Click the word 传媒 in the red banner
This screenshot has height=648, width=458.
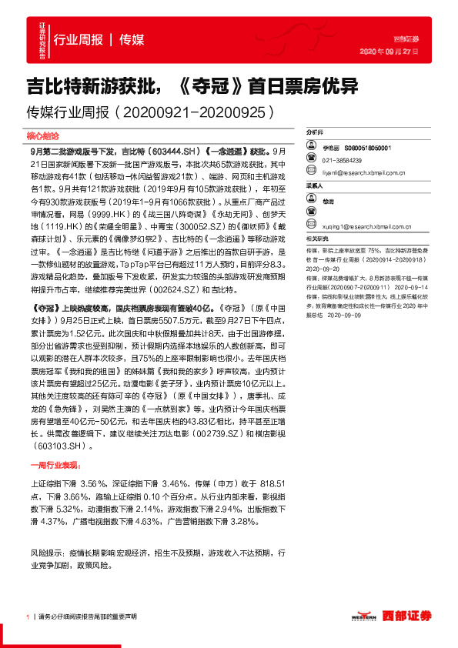click(132, 40)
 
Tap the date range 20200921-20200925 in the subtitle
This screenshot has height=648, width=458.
click(196, 112)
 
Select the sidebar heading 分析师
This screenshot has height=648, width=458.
click(315, 132)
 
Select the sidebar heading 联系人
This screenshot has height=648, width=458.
click(315, 185)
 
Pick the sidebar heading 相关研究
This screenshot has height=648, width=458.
click(317, 240)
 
